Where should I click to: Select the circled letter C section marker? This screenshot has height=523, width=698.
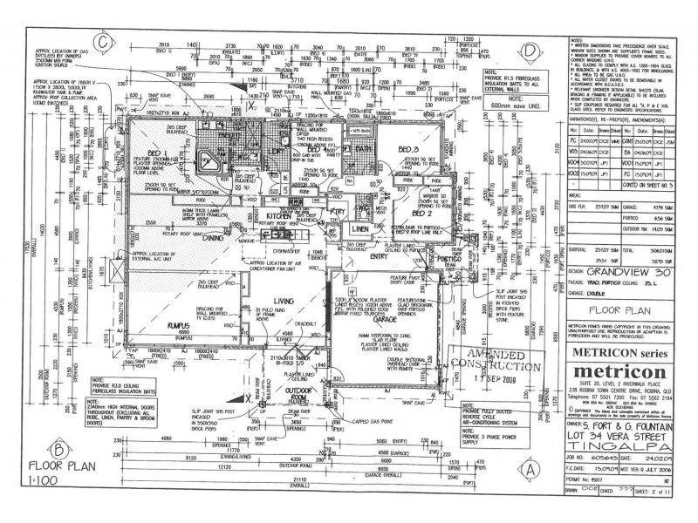point(103,39)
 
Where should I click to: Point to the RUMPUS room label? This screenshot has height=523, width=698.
point(178,325)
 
